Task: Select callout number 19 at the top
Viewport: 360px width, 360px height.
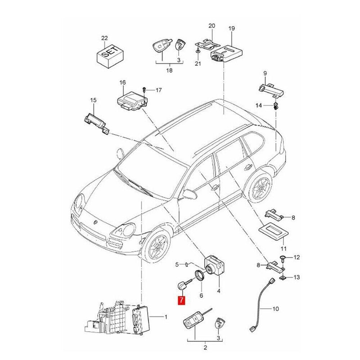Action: click(232, 29)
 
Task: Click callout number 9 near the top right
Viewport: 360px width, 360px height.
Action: click(265, 73)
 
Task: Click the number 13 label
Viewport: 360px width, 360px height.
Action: click(296, 278)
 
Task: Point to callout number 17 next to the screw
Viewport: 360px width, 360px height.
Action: click(158, 90)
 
